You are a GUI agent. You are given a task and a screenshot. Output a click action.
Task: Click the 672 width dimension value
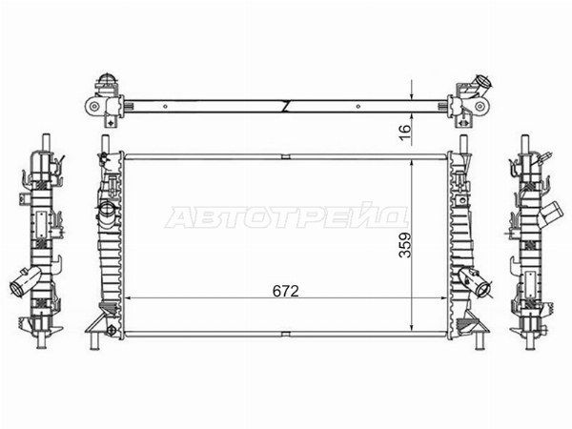(286, 291)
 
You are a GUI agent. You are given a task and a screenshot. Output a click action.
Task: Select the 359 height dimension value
(405, 245)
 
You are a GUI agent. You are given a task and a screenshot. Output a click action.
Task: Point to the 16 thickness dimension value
(405, 129)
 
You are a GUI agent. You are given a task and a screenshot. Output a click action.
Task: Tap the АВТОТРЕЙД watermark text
(287, 217)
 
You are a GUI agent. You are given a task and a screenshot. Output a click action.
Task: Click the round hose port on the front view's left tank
(108, 210)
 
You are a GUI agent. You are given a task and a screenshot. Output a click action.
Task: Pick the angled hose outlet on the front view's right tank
(479, 283)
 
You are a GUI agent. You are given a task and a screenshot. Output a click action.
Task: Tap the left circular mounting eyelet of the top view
(94, 107)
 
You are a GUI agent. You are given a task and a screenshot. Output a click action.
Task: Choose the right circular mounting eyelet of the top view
(480, 106)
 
